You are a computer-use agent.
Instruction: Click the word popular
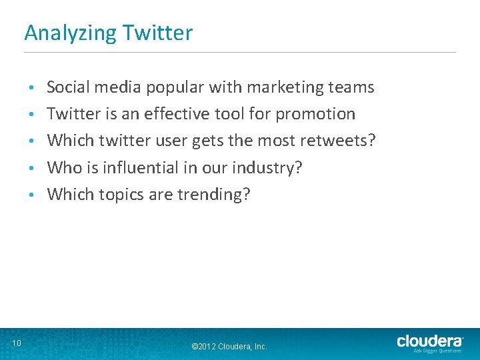tap(176, 87)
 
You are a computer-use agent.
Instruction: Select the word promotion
tap(315, 114)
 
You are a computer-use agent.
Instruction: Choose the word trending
tap(213, 195)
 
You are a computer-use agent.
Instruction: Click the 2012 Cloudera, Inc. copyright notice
tap(229, 347)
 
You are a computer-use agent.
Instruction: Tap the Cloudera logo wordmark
tap(430, 341)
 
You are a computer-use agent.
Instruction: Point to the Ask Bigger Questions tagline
tap(437, 351)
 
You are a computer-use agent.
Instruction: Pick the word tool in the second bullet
tap(229, 113)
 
